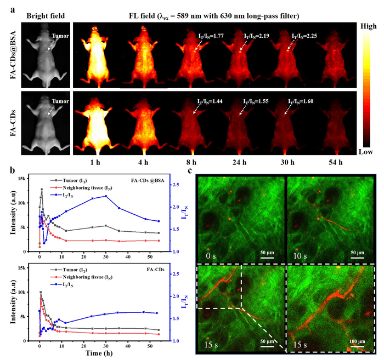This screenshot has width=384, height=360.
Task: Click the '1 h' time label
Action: [x=100, y=163]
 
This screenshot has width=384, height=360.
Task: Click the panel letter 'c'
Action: [x=189, y=170]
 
